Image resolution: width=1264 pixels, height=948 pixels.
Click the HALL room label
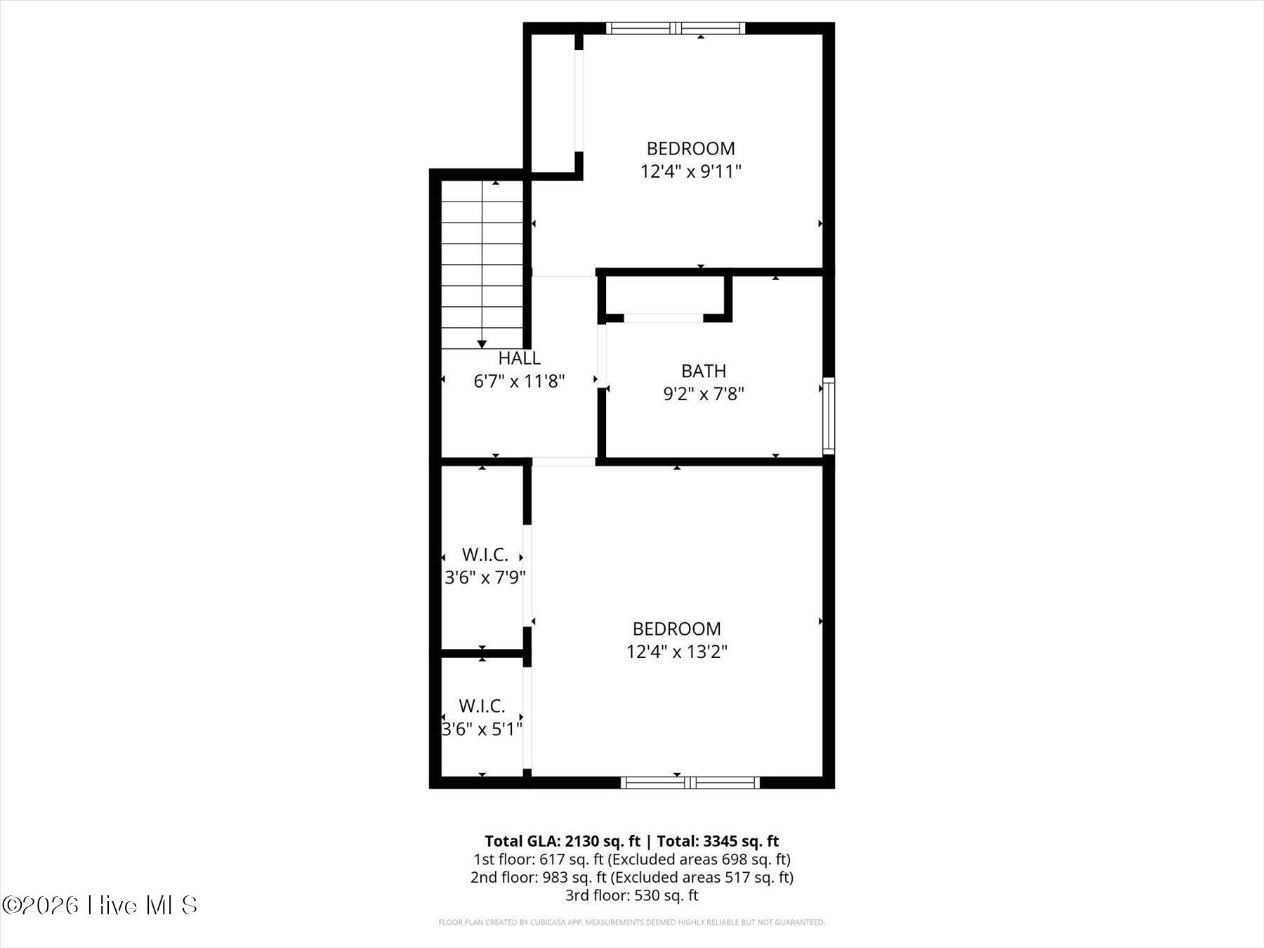519,358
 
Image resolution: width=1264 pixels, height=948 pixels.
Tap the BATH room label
704,371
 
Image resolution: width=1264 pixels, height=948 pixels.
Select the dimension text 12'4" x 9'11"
691,171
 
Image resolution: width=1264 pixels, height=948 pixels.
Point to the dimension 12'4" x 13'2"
677,652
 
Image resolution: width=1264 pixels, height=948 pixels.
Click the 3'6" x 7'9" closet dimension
485,577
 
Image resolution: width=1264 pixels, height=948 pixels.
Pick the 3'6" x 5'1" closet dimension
482,729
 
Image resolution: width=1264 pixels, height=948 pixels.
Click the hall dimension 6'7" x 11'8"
520,381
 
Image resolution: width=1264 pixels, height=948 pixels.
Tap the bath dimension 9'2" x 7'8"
704,394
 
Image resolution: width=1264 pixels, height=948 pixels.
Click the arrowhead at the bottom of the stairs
482,344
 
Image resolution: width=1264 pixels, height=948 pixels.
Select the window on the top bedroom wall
675,28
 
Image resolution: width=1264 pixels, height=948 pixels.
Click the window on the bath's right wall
829,415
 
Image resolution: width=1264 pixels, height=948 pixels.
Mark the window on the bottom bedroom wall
690,782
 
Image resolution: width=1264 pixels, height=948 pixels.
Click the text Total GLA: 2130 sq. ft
562,841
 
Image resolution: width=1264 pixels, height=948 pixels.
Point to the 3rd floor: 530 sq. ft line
632,895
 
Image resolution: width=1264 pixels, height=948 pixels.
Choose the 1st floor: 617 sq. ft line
632,859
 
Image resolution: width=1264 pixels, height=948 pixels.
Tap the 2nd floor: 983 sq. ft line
632,877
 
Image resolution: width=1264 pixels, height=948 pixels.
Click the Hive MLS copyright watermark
100,905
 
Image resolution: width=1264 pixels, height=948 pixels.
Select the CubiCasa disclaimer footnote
632,922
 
